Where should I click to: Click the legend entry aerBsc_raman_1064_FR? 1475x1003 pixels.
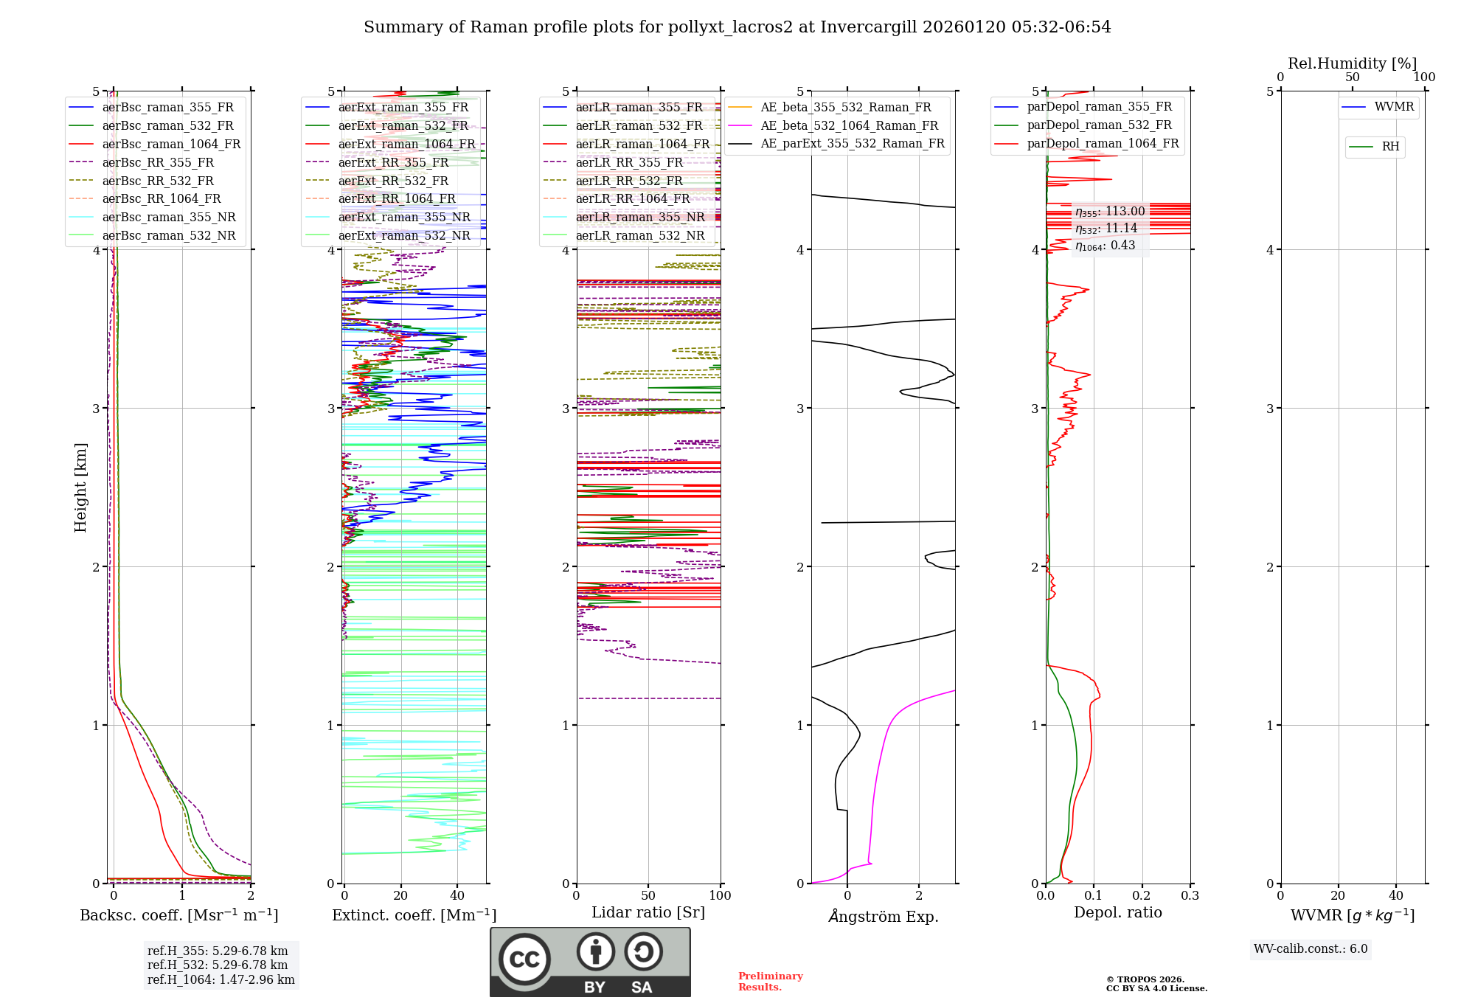(x=171, y=145)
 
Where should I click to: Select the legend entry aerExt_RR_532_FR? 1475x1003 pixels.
(x=393, y=181)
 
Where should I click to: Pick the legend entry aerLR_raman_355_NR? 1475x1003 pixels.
(x=639, y=218)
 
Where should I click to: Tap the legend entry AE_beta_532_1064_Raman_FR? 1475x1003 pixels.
(x=849, y=126)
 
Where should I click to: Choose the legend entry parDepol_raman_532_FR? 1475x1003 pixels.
(x=1099, y=125)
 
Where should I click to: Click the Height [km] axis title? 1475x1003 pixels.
(x=80, y=487)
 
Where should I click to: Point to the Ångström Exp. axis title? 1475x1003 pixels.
(x=884, y=917)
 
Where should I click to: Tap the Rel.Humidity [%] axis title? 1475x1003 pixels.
(x=1352, y=63)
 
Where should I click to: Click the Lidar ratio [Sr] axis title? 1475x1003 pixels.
(x=648, y=912)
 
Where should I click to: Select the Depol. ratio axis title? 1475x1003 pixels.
(x=1117, y=912)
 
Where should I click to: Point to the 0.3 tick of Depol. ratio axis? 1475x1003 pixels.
(x=1190, y=896)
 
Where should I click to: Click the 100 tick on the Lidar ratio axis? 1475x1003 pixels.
(x=720, y=896)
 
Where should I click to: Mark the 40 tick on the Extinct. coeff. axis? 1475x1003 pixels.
(x=457, y=896)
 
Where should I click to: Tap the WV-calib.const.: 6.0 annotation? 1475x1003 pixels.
(x=1311, y=949)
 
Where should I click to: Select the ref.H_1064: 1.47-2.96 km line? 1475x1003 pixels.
(x=221, y=980)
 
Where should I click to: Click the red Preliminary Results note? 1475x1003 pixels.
(x=770, y=982)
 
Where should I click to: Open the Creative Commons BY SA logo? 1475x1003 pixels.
(x=590, y=962)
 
